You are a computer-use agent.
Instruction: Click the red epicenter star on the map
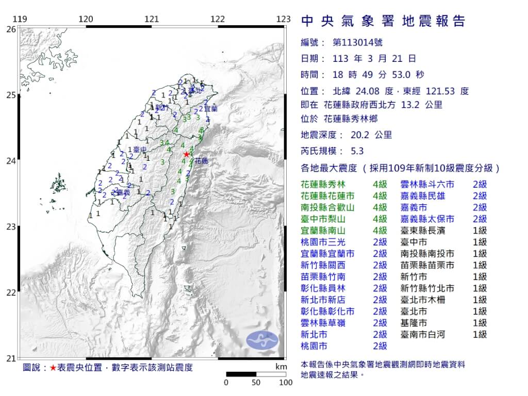coord(187,154)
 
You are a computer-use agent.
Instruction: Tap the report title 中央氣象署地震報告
coord(383,21)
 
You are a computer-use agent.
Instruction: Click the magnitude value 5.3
coord(357,151)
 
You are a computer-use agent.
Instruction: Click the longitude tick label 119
coord(20,19)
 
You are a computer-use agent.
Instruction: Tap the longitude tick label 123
coord(283,19)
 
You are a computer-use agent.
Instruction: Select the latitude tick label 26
coord(10,29)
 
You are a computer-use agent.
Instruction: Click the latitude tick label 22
coord(10,292)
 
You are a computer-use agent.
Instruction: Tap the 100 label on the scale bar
coord(286,383)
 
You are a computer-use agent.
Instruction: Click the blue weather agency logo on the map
coord(262,339)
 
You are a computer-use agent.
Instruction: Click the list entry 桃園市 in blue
coord(314,346)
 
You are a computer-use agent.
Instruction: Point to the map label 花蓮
coord(201,161)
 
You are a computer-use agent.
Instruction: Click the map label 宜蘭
coord(210,109)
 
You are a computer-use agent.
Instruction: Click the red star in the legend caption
coord(53,368)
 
